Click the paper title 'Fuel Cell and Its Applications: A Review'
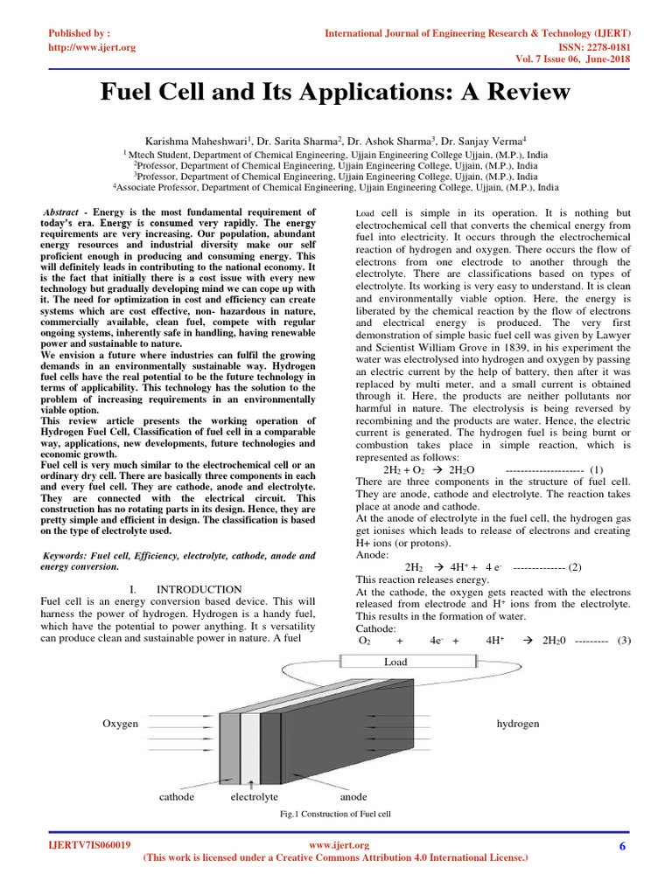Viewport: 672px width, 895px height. (335, 92)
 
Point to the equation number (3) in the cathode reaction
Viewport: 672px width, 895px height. (623, 640)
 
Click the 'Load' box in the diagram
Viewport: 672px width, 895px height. (395, 662)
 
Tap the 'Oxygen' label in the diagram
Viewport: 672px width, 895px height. (120, 724)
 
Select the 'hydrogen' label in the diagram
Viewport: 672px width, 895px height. (518, 724)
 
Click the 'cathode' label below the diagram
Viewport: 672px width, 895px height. (177, 797)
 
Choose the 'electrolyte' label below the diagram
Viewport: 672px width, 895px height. (254, 797)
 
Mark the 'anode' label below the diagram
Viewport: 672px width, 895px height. (353, 797)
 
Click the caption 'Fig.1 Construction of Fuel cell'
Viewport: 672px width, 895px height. (334, 813)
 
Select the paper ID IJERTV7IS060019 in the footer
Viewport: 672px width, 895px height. (90, 845)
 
